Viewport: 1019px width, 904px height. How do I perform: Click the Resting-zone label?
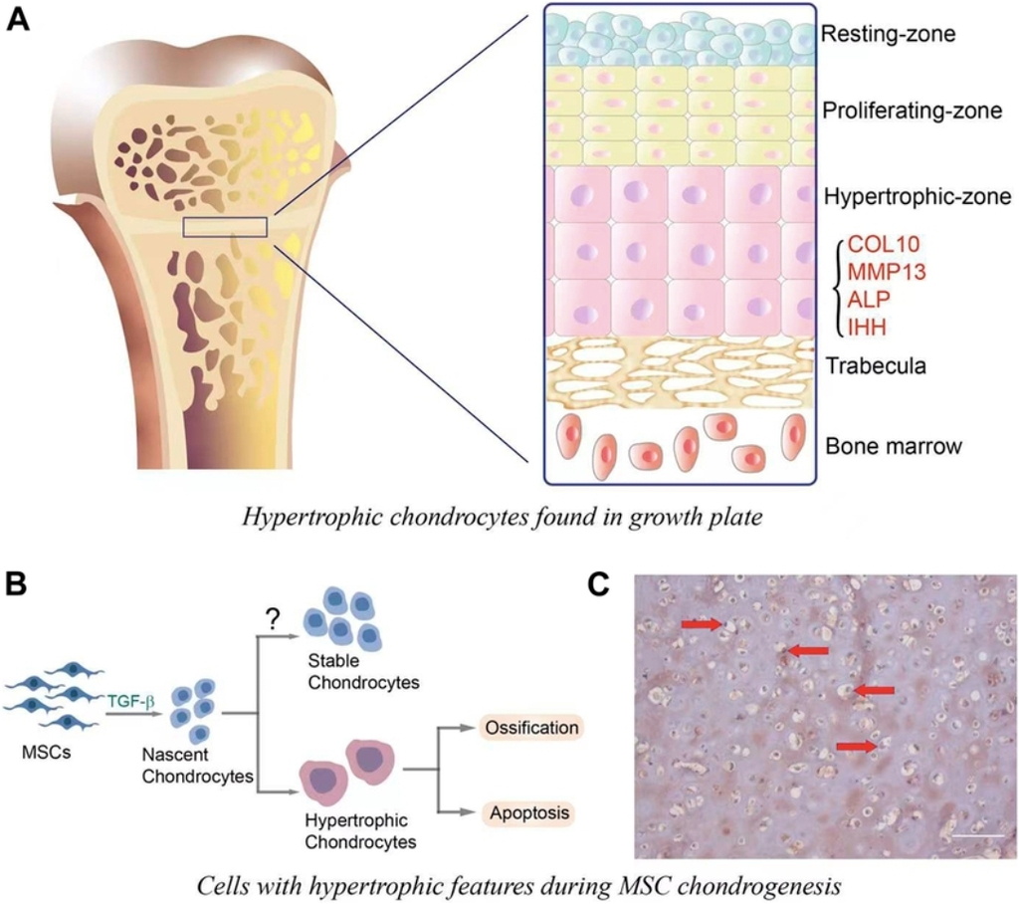(889, 35)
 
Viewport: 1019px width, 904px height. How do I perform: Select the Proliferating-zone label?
(911, 112)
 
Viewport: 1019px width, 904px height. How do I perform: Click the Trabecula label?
(876, 366)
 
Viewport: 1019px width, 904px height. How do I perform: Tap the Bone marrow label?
(894, 446)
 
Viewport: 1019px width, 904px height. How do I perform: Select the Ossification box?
(530, 728)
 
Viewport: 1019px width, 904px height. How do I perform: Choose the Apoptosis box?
(530, 813)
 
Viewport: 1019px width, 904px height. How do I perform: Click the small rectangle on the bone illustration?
(226, 227)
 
